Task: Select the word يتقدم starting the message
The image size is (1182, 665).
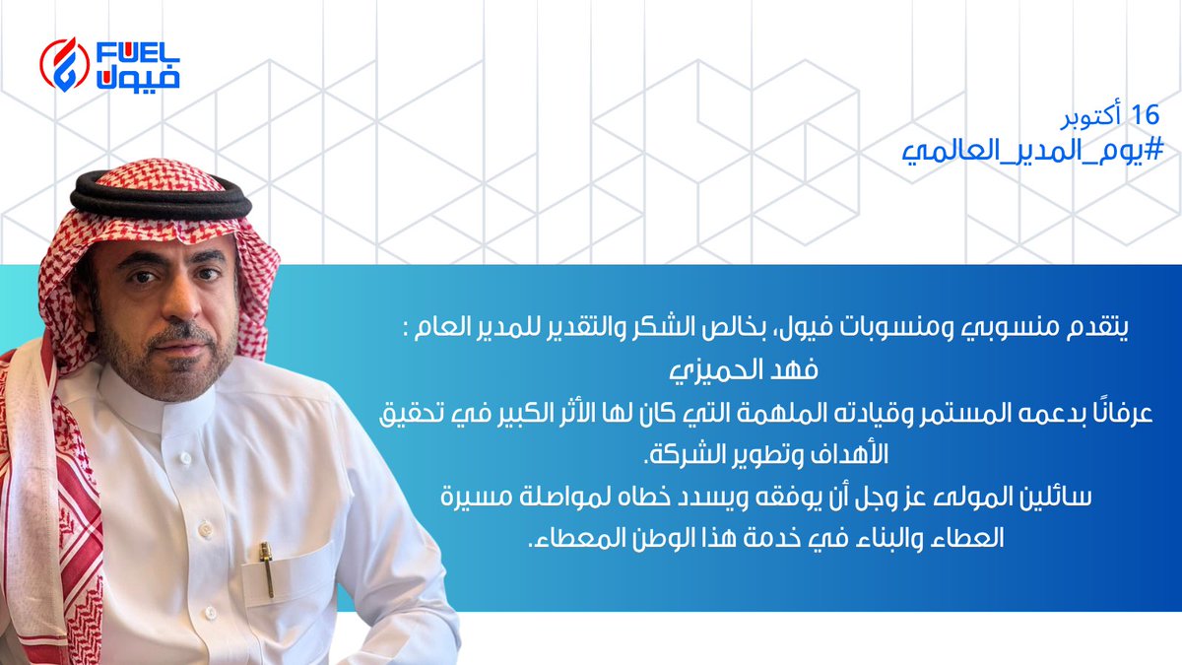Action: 1099,328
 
